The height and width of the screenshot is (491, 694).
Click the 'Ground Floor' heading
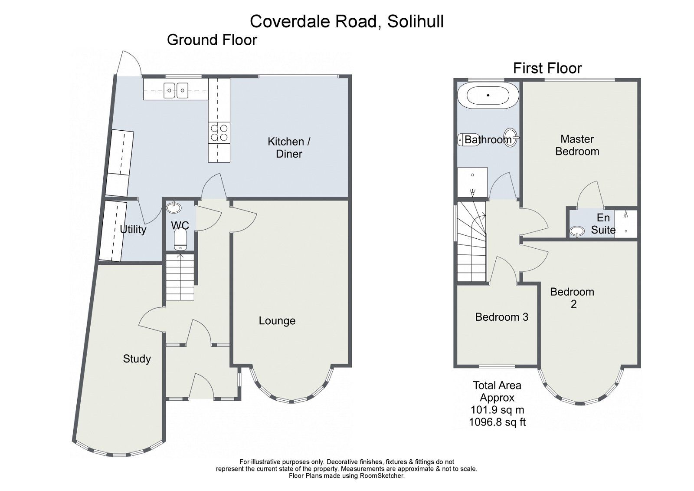point(212,40)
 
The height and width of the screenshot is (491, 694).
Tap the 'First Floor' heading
point(547,68)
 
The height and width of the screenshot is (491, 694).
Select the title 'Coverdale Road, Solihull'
point(347,21)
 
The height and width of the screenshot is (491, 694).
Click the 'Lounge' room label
point(277,321)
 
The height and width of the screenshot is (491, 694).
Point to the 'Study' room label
point(137,359)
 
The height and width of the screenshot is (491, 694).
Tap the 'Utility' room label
point(133,229)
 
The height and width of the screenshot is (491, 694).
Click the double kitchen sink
point(176,90)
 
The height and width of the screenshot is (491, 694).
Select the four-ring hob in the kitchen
point(219,132)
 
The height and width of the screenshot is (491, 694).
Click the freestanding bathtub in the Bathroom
point(488,96)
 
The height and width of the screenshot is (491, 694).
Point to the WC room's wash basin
point(174,207)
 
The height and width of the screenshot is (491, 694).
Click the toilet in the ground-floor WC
point(180,240)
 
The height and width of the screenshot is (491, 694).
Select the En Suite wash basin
point(577,231)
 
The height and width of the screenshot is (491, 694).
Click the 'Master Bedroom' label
point(577,145)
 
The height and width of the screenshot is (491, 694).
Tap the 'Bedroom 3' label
point(501,317)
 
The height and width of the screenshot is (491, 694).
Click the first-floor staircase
point(471,243)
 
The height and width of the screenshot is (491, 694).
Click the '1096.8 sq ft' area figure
point(497,422)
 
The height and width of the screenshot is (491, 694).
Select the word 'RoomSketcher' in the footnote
point(383,476)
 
